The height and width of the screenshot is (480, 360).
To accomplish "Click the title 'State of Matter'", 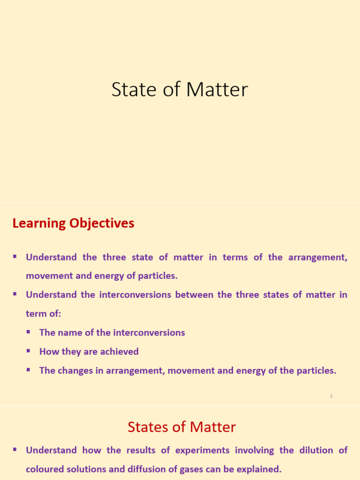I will pyautogui.click(x=180, y=90).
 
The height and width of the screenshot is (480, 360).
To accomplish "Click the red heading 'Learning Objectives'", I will pyautogui.click(x=73, y=224).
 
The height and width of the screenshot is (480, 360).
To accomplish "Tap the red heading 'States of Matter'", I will pyautogui.click(x=181, y=427).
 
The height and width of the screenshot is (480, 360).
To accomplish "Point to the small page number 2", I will pyautogui.click(x=331, y=397).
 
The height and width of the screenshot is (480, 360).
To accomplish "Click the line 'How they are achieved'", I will pyautogui.click(x=89, y=352).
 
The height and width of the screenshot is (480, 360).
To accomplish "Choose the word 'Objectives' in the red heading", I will pyautogui.click(x=102, y=224).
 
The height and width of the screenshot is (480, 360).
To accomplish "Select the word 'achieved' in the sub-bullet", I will pyautogui.click(x=120, y=352).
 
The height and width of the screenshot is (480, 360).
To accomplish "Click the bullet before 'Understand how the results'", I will pyautogui.click(x=15, y=450).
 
